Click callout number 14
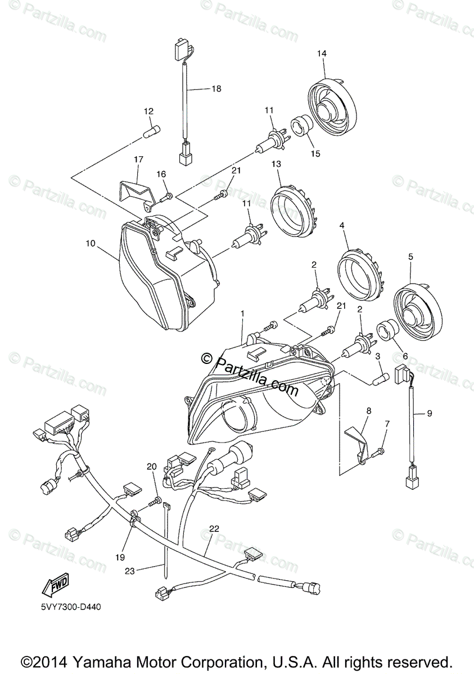321,53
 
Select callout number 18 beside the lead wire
216,89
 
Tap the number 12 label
148,112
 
